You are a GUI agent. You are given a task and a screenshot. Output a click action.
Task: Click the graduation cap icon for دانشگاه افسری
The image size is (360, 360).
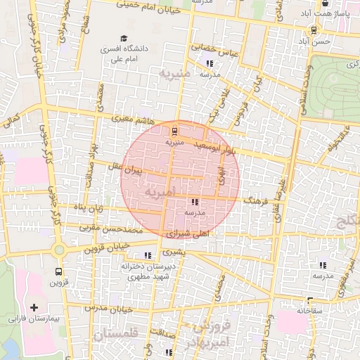coord(124,39)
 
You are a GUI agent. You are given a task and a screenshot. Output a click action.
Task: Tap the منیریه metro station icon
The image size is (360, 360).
coord(174,131)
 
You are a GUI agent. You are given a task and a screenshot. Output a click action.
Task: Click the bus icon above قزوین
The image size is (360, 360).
coord(58,271)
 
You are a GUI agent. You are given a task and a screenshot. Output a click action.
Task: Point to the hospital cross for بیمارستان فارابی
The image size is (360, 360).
coord(34,307)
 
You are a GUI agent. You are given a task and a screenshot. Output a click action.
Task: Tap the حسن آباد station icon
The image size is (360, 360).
coord(314,30)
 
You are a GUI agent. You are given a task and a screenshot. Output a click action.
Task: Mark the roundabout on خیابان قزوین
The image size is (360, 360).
coord(59,250)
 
